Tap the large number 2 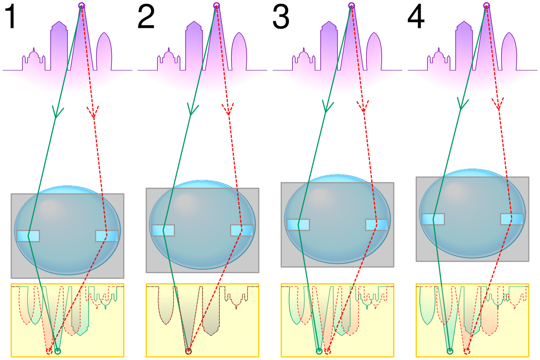pos(146,17)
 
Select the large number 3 pos(281,17)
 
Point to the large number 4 pos(416,17)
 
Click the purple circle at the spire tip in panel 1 pos(82,5)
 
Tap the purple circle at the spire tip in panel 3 pos(352,5)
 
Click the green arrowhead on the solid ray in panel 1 pos(57,112)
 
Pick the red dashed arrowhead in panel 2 pos(228,110)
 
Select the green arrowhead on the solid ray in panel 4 pos(462,104)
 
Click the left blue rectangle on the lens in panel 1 pos(28,236)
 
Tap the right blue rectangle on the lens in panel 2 pos(242,230)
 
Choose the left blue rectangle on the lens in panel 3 pos(298,225)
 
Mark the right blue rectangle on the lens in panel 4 pos(512,219)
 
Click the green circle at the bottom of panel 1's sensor pos(58,351)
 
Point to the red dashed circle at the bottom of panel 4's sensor pos(467,351)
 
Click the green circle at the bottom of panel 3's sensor pos(319,351)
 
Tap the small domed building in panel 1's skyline pos(34,59)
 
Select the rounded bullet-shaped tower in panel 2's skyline pos(239,51)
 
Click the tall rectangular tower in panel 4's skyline pos(464,46)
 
